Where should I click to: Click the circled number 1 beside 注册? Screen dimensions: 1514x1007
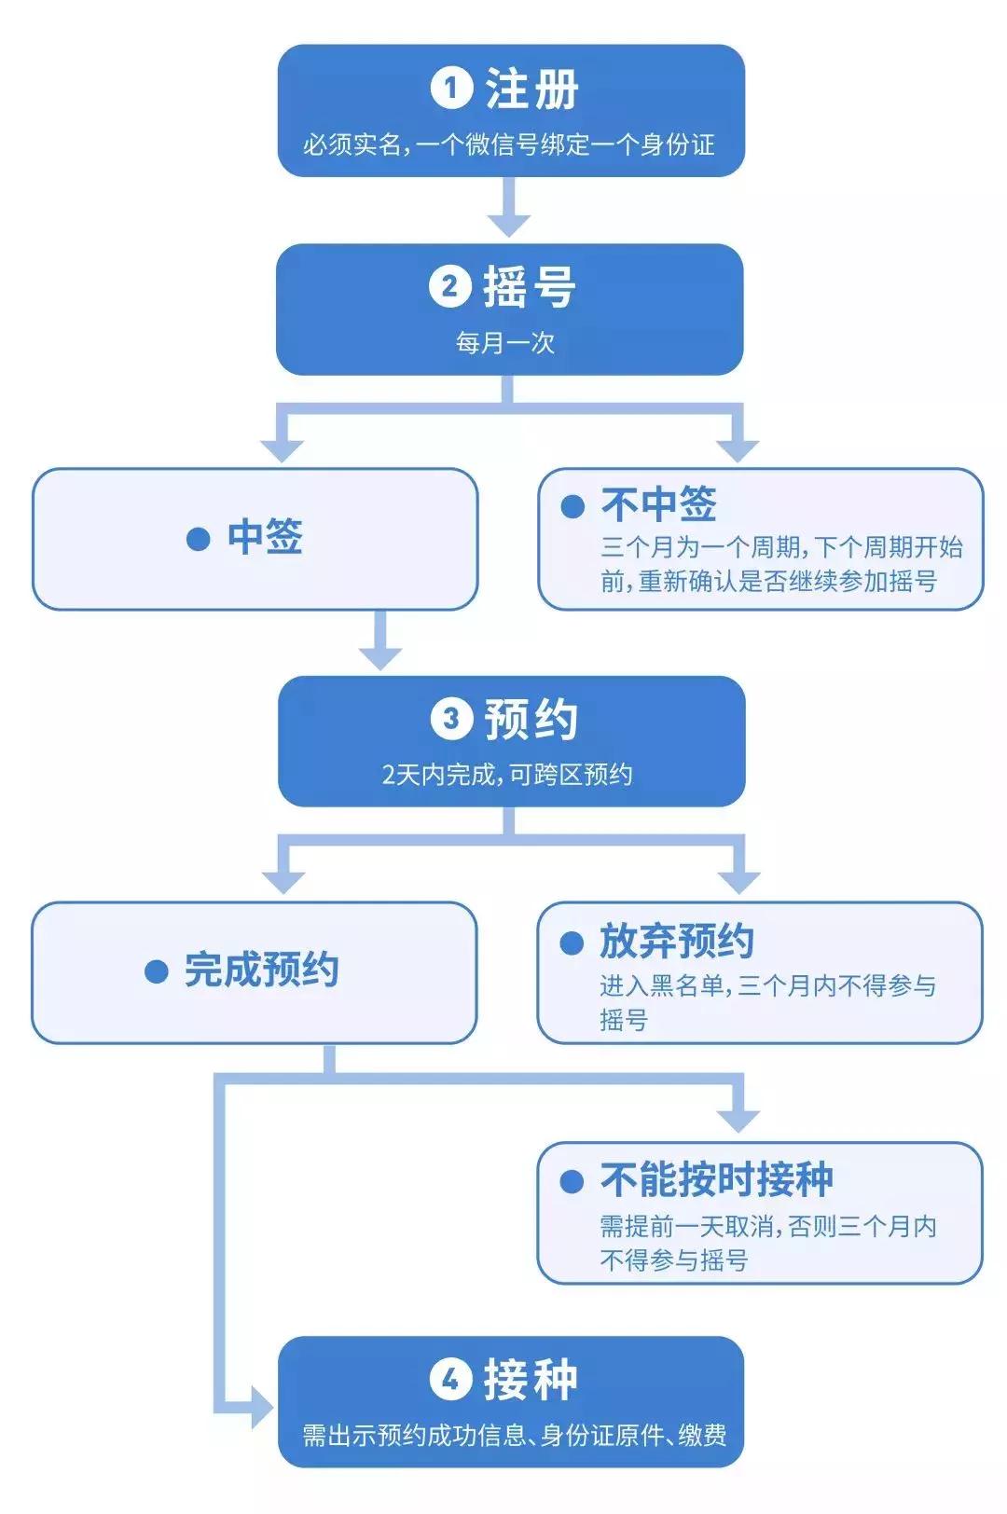[x=451, y=89]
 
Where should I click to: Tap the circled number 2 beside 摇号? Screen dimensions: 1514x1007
[x=449, y=286]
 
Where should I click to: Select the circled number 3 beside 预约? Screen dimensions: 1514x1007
[x=451, y=719]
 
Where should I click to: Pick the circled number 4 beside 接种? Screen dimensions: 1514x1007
[x=450, y=1379]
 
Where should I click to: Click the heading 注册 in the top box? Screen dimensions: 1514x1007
[x=531, y=89]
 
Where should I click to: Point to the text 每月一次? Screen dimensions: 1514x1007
[x=505, y=343]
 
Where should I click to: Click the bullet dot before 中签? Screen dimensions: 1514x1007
[x=198, y=539]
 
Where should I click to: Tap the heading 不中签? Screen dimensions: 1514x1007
[x=658, y=504]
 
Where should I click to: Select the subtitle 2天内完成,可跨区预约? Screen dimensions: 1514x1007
[x=507, y=775]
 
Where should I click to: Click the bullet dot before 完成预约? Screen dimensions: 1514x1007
[x=157, y=971]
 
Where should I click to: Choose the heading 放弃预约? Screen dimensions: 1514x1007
[x=676, y=941]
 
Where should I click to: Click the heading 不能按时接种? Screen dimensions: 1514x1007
[x=716, y=1179]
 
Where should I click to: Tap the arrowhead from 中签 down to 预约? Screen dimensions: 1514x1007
[x=380, y=655]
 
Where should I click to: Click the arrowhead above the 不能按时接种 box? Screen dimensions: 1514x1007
[x=739, y=1120]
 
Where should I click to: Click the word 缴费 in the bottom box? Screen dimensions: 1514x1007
[x=702, y=1435]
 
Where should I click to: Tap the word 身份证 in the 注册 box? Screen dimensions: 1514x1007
[x=677, y=145]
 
